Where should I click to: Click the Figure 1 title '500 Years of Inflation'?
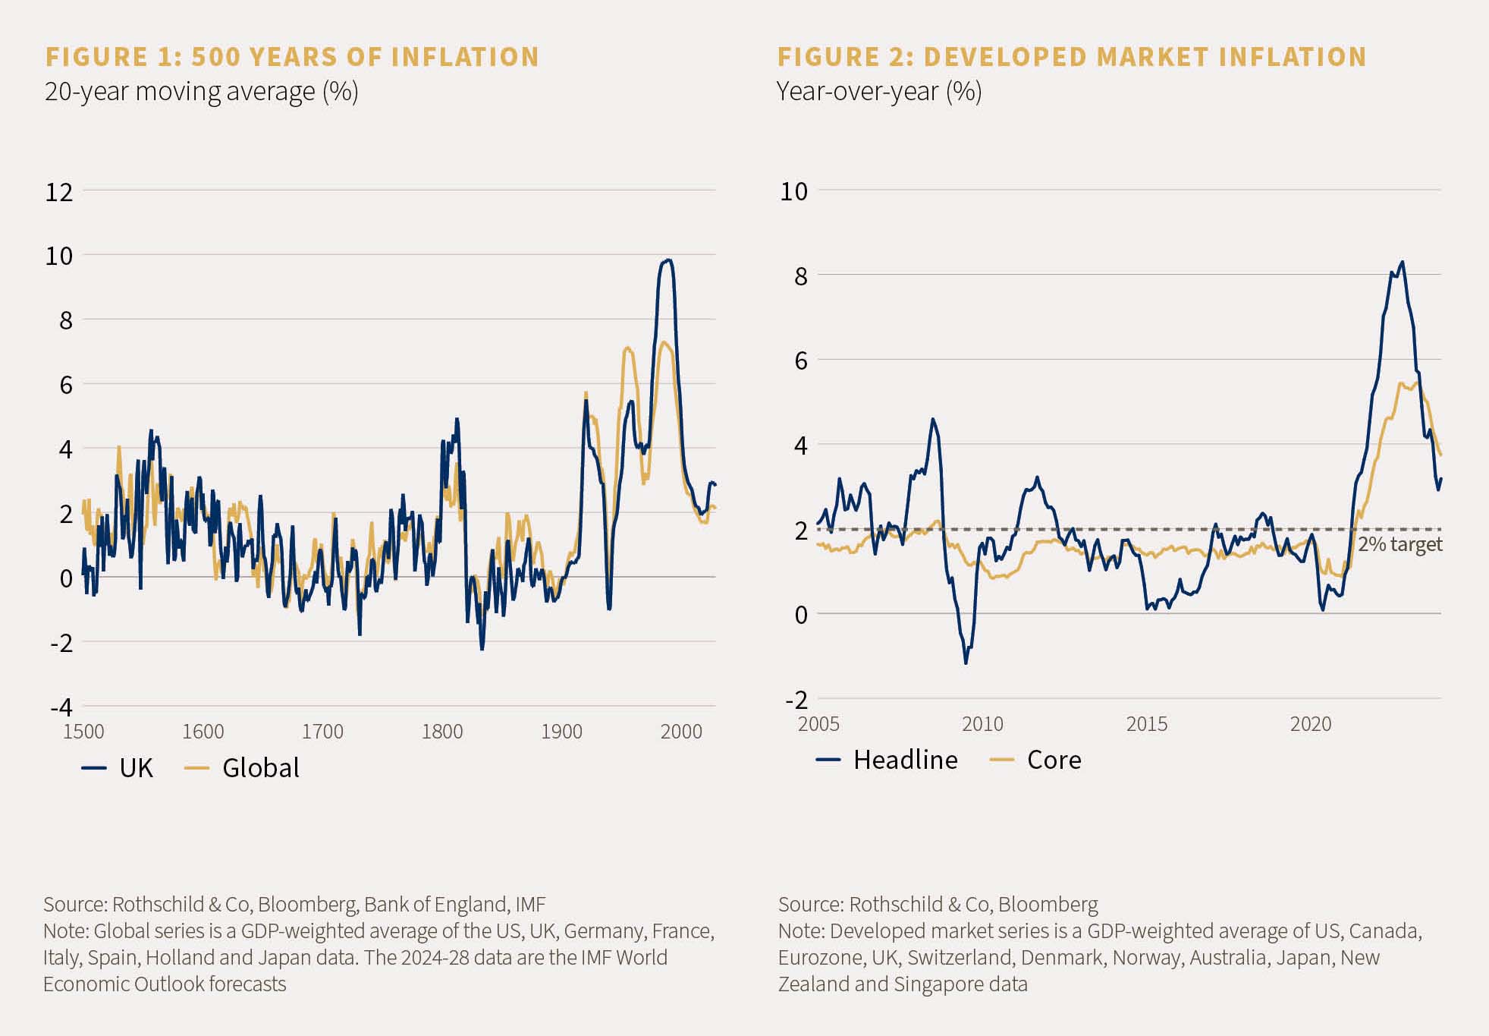365,57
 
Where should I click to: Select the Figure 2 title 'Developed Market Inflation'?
1145,57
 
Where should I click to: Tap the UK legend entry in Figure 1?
135,768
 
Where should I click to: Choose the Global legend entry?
259,768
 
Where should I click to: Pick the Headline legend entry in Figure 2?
904,760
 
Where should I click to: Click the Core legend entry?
1053,760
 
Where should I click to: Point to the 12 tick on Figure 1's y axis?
59,192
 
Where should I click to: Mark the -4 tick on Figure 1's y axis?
61,707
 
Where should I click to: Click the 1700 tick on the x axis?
322,732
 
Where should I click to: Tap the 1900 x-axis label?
561,732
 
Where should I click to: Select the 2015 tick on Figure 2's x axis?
1146,724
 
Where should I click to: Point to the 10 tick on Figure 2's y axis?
793,191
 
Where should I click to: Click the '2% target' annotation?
1399,544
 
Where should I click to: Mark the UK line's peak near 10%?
668,260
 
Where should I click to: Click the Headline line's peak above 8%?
1402,263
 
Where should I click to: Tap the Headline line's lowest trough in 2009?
966,663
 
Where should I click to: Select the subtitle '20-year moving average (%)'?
201,92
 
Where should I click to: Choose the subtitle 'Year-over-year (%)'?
878,92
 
